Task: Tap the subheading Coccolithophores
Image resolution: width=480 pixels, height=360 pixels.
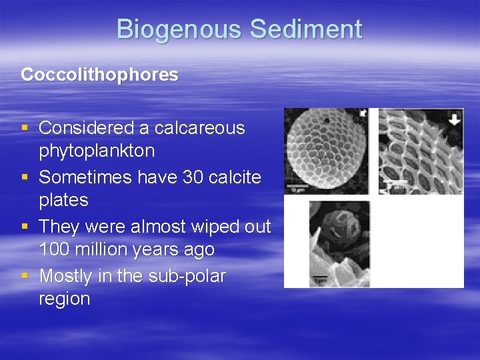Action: tap(99, 75)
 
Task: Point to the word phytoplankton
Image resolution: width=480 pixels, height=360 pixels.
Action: tap(97, 151)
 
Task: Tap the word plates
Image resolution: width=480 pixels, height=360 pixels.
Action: tap(63, 200)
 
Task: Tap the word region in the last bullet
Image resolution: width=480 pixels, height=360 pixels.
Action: tap(64, 299)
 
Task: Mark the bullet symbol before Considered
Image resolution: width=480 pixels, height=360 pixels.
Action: tap(25, 128)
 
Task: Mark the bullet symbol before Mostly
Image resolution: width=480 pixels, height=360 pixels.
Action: tap(25, 276)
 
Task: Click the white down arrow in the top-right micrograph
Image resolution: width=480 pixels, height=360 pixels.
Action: tap(454, 120)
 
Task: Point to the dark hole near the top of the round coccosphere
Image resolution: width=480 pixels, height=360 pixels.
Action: tap(326, 121)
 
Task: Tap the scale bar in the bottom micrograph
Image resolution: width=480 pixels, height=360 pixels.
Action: tap(322, 277)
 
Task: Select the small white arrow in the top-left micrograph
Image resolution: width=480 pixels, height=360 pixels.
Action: tap(363, 114)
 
